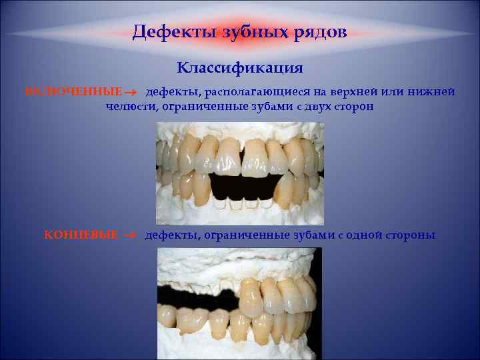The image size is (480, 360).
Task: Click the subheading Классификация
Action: click(x=240, y=68)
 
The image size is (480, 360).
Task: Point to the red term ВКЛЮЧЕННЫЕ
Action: click(x=74, y=91)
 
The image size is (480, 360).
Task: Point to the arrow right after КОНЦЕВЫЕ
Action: click(x=130, y=235)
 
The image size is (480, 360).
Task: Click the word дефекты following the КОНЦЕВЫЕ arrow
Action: click(x=173, y=235)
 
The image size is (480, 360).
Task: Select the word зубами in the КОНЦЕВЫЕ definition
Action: click(x=306, y=235)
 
